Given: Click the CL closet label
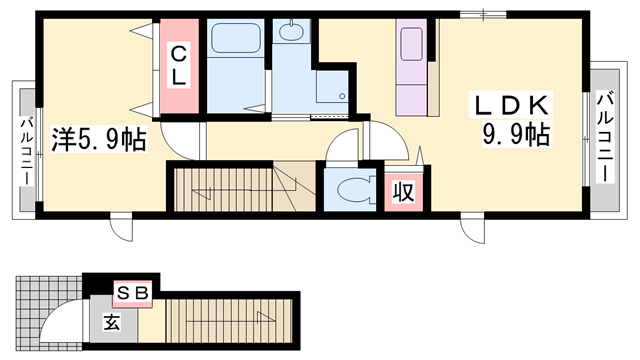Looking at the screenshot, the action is tap(179, 66).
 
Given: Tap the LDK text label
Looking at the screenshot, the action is tap(511, 105).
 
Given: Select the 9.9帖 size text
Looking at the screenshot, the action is tap(516, 134).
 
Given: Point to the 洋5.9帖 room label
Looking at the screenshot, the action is tap(98, 139).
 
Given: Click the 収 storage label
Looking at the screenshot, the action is tap(403, 191).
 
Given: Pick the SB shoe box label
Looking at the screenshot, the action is tap(132, 293).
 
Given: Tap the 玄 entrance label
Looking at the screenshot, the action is tap(111, 323).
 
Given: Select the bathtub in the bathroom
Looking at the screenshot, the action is tap(236, 38).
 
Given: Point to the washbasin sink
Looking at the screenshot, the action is tap(291, 31).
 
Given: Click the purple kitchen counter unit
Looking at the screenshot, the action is tap(411, 67).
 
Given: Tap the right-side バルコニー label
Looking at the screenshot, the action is tap(605, 138).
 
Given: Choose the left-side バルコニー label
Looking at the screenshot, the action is tap(27, 151).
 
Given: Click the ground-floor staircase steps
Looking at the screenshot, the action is tap(229, 321).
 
